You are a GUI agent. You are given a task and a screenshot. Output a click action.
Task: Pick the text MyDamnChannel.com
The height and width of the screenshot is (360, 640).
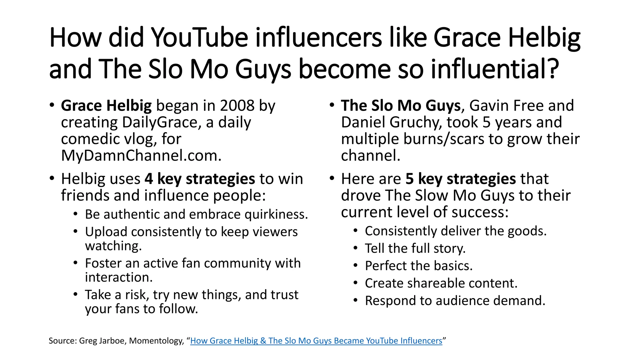pos(141,155)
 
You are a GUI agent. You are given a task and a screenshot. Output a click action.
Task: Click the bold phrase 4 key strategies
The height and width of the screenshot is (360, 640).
pos(200,179)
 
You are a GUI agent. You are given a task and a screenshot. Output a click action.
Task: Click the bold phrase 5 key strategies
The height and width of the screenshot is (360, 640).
pos(461,179)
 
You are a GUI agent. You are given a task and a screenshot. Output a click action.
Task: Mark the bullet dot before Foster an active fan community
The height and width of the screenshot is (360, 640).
pos(75,263)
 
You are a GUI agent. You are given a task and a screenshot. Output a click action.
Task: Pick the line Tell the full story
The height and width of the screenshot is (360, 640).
pos(415,248)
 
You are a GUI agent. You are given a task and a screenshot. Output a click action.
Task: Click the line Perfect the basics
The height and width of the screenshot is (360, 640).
pos(419,266)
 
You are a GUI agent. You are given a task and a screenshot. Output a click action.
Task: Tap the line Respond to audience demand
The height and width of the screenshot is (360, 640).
pos(455,301)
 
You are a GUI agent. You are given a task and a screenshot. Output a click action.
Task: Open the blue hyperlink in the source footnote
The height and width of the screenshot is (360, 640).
pos(316,341)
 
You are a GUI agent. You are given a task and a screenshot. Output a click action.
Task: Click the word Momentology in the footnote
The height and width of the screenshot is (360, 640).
pos(155,341)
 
